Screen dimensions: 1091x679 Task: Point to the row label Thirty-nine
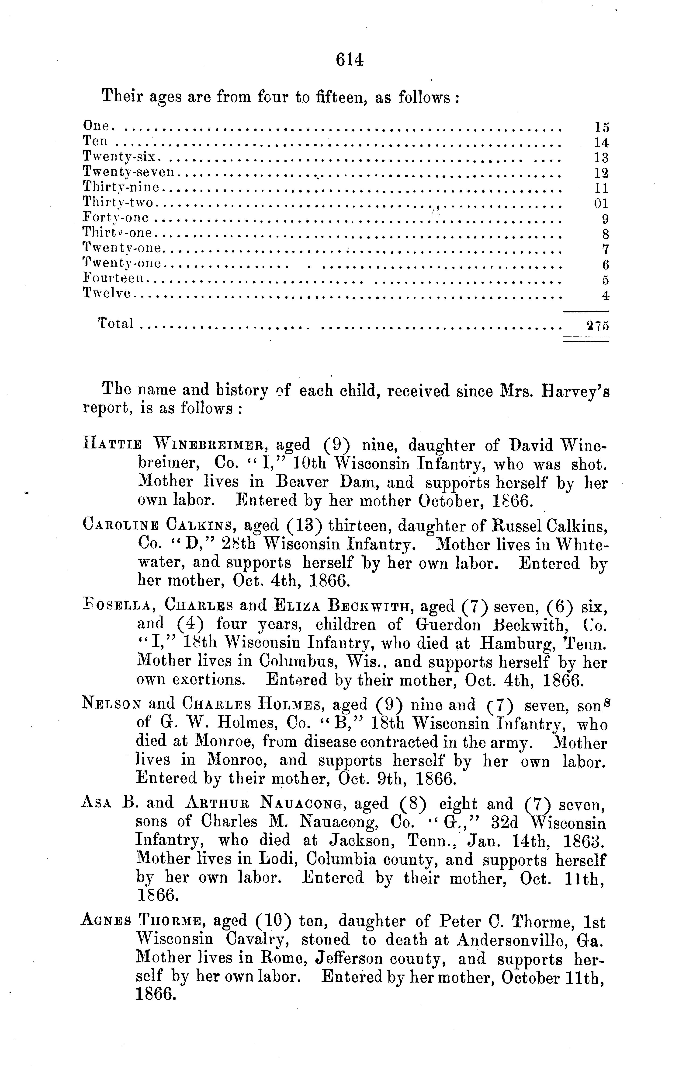click(121, 187)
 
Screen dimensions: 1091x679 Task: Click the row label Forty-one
click(116, 218)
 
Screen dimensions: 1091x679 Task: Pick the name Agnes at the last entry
click(106, 921)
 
